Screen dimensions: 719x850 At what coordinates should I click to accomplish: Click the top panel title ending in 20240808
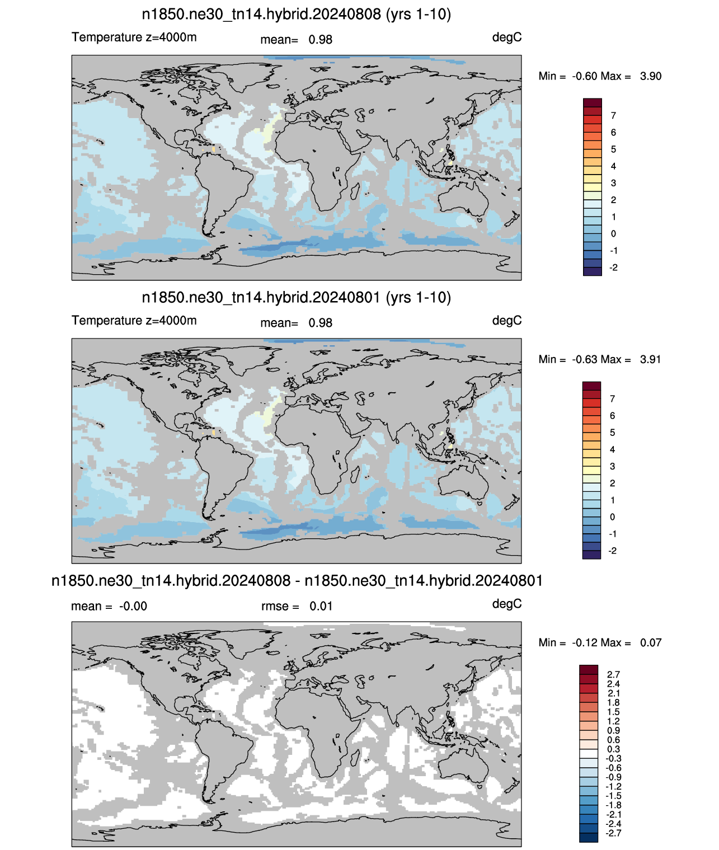pos(297,15)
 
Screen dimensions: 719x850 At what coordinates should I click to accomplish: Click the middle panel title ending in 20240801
pos(297,297)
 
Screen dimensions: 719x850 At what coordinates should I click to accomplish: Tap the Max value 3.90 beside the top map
pos(651,76)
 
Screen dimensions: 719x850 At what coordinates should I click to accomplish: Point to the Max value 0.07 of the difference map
pos(651,642)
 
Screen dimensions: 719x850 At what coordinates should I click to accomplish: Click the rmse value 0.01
pos(321,606)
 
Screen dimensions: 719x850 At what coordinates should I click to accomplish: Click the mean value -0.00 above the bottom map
pos(133,606)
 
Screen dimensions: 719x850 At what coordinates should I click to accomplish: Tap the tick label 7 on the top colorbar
pos(613,116)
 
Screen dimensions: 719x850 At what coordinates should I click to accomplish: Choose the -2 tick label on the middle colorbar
pos(613,551)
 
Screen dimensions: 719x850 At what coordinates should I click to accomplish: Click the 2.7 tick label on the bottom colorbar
pos(613,674)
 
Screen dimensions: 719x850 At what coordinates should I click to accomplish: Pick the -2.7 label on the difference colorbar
pos(613,833)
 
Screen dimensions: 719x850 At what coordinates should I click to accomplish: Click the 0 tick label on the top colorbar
pos(613,233)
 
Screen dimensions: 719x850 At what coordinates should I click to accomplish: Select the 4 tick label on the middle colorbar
pos(613,449)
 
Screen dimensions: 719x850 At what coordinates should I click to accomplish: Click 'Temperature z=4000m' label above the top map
pos(134,37)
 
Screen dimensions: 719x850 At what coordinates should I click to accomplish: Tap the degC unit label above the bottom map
pos(507,604)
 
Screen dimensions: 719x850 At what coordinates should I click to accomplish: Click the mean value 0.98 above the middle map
pos(321,323)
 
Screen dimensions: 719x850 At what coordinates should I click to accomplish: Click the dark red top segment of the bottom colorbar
pos(589,669)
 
